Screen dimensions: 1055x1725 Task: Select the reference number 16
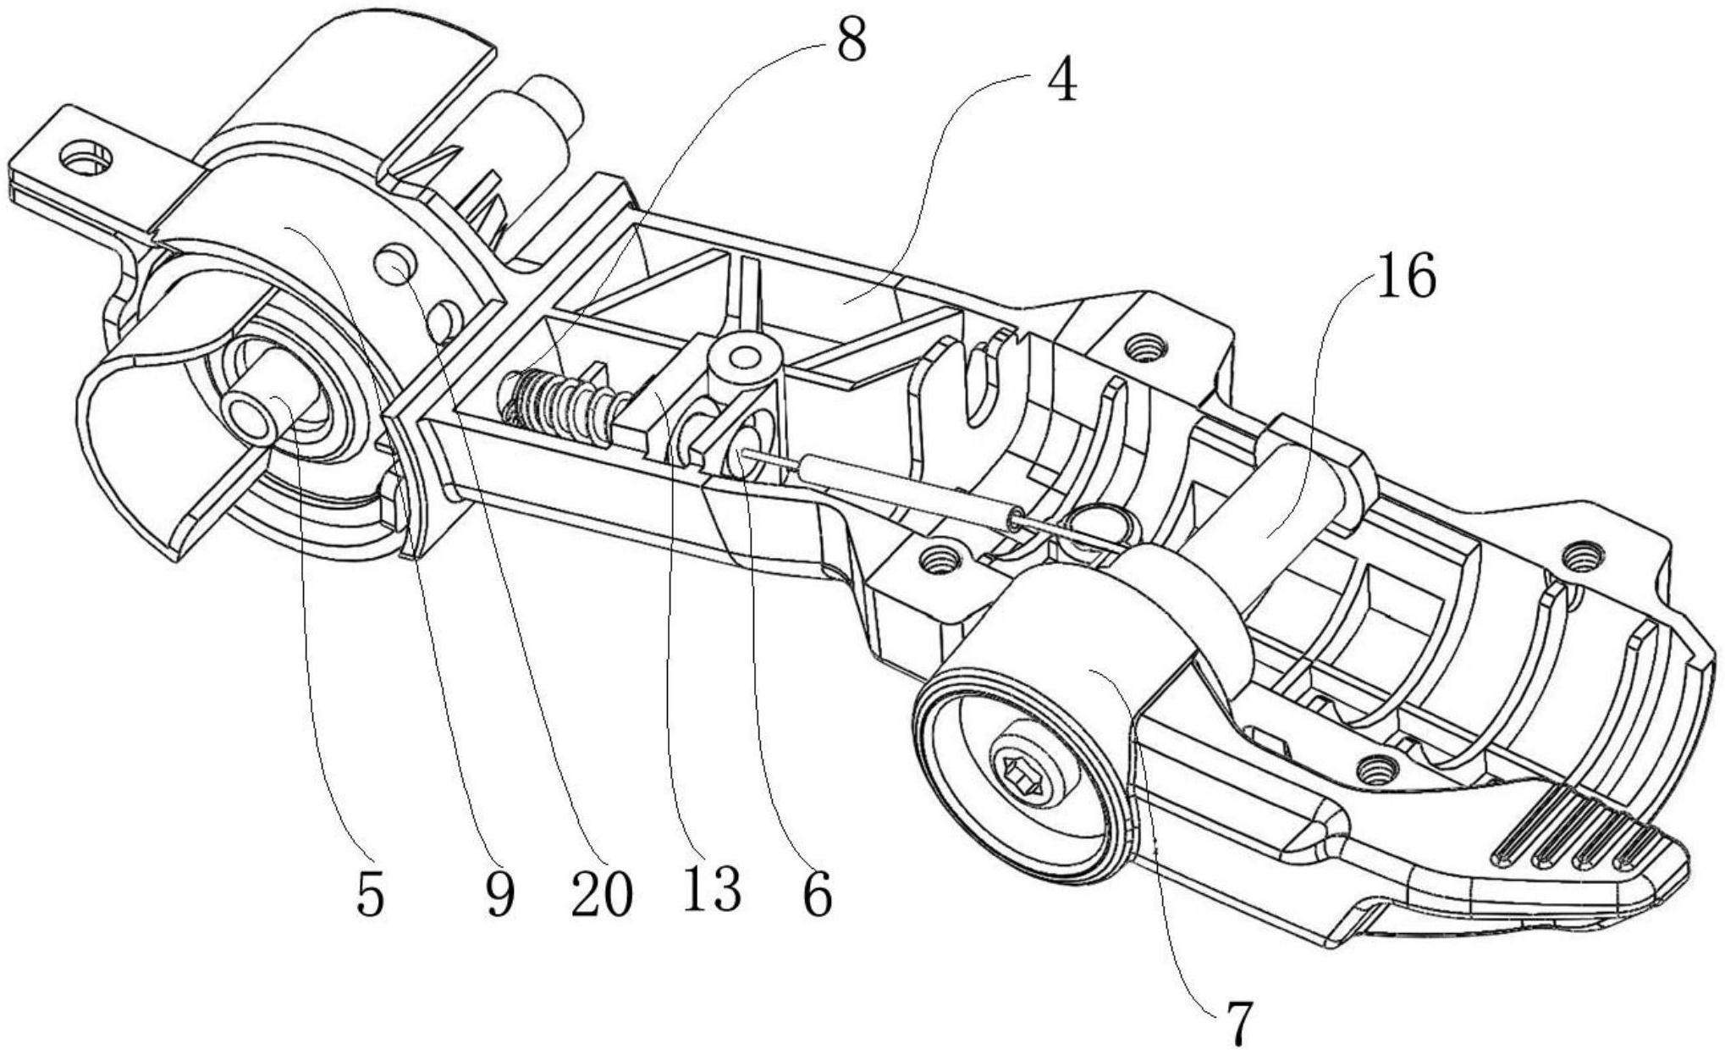click(x=1406, y=277)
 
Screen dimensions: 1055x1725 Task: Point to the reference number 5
click(x=370, y=894)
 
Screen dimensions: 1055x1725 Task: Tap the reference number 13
click(x=712, y=889)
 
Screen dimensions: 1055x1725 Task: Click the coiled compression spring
click(x=563, y=405)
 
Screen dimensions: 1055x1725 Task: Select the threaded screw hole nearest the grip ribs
click(x=1375, y=770)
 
